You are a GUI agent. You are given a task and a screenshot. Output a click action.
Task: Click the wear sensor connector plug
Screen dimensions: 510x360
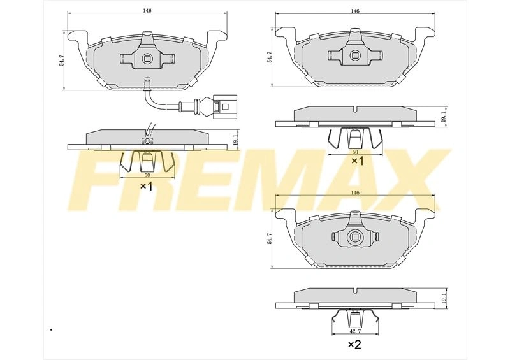(225, 106)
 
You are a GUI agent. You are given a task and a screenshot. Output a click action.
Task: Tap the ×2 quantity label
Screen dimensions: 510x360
(354, 345)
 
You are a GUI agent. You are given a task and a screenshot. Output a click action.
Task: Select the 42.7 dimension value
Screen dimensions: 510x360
(355, 331)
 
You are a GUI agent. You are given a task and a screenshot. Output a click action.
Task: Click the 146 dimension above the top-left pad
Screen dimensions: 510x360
(147, 10)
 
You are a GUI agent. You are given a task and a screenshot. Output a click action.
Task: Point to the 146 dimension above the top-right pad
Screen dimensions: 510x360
(355, 11)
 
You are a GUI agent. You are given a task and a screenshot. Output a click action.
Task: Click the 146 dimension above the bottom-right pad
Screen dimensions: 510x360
(355, 193)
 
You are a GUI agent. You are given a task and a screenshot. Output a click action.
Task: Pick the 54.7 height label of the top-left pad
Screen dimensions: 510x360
(61, 61)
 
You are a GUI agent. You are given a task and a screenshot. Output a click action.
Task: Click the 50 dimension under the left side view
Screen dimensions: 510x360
(147, 175)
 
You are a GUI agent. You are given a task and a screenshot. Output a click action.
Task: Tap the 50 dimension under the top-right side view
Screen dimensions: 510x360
(355, 152)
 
